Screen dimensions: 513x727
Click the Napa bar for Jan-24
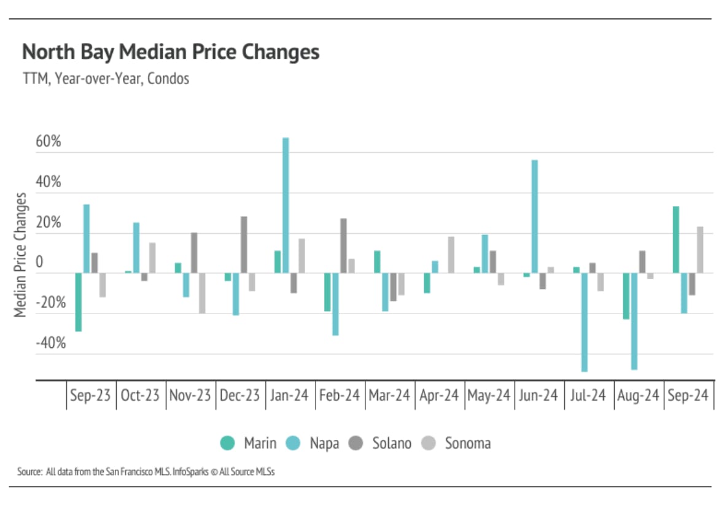(286, 206)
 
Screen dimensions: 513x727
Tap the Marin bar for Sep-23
(79, 302)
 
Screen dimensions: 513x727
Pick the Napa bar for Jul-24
(585, 322)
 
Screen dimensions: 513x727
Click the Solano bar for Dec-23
(244, 245)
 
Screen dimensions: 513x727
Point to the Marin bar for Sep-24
(676, 240)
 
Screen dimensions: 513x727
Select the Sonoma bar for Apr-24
(451, 255)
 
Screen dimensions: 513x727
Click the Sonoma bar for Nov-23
(202, 293)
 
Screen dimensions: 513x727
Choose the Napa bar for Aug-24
(634, 321)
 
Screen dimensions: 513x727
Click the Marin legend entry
(249, 443)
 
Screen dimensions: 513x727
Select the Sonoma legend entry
(459, 443)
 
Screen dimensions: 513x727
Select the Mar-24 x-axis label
(389, 396)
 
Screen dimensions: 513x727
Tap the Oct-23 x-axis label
(140, 396)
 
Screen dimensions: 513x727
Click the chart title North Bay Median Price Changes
(171, 52)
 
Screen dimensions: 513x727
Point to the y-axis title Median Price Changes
(21, 255)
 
